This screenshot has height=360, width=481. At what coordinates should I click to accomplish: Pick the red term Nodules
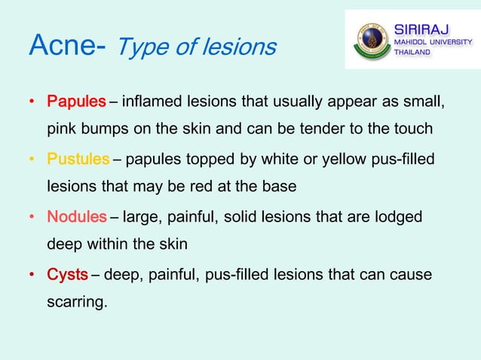click(77, 218)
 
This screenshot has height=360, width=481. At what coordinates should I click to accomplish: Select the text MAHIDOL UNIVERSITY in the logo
click(434, 42)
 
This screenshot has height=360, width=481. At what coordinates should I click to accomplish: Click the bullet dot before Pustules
click(32, 160)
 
